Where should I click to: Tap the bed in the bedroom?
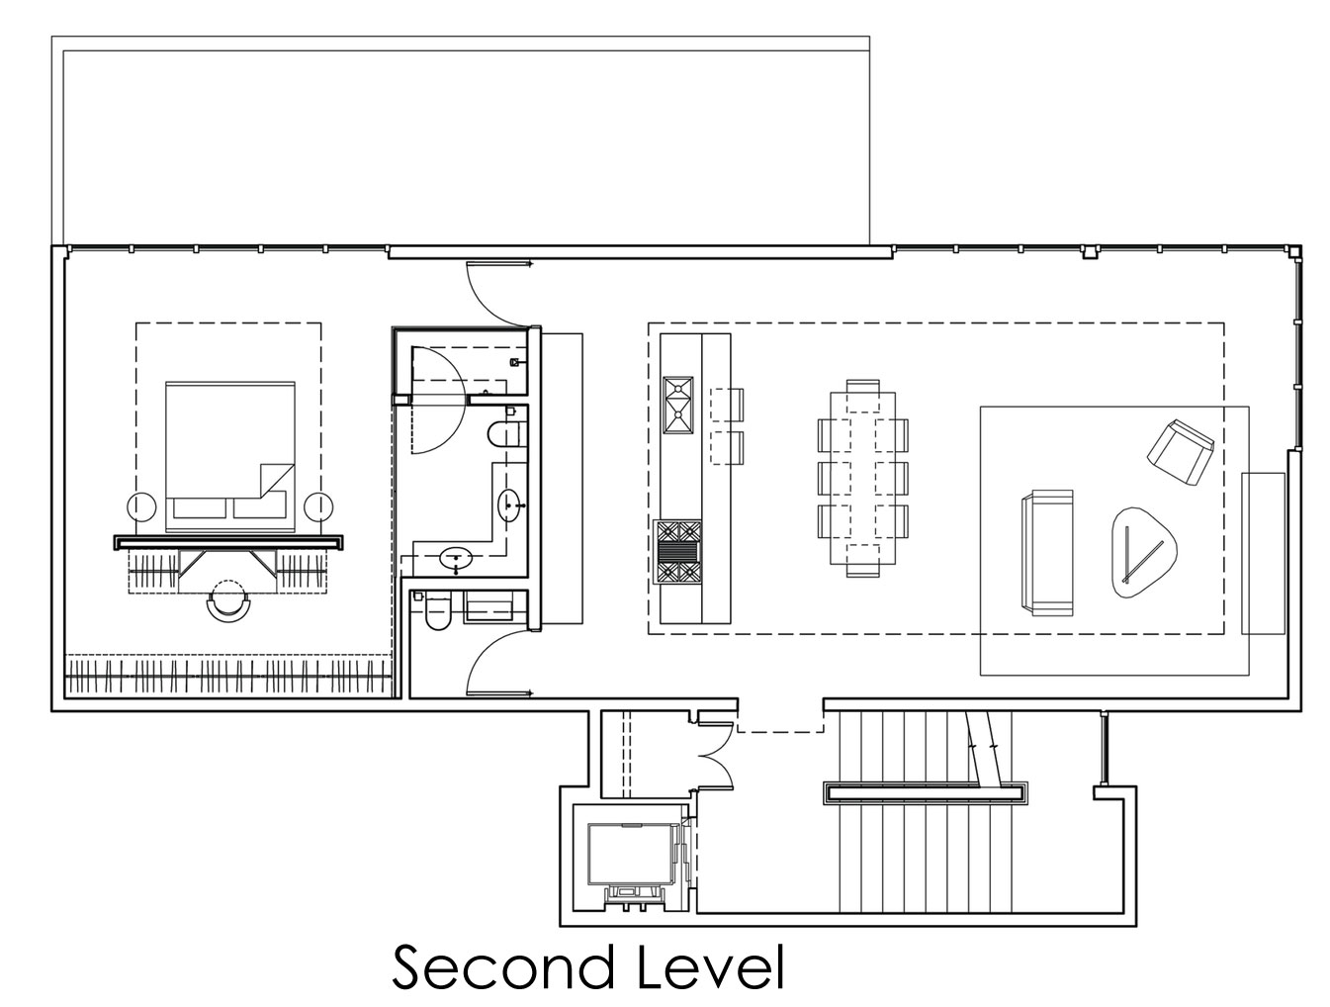click(229, 457)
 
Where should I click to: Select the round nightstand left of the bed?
click(141, 506)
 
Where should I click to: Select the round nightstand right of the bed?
click(318, 506)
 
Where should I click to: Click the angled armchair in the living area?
click(1181, 451)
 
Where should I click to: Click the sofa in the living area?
click(1046, 553)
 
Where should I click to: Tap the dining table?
click(862, 477)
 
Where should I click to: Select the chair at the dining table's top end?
click(862, 387)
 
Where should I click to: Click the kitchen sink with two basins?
click(678, 405)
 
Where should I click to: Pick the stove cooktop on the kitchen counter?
click(677, 551)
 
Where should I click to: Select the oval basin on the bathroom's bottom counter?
click(456, 557)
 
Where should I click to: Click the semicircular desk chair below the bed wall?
click(227, 601)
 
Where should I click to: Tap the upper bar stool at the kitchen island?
click(726, 405)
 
